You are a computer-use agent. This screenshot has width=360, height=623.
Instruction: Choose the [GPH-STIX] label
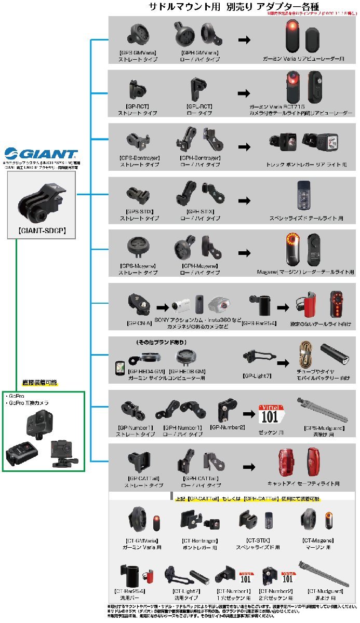click(200, 211)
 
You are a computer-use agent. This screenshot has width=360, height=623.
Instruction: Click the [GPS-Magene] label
click(138, 265)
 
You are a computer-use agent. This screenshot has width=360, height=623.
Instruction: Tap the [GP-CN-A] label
click(139, 322)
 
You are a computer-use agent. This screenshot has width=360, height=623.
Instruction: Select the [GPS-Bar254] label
click(258, 322)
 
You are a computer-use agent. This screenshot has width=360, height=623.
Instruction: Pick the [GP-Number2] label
click(228, 427)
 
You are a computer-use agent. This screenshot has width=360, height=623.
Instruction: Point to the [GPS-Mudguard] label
click(321, 428)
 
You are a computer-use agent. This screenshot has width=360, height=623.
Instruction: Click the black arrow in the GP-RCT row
click(243, 94)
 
